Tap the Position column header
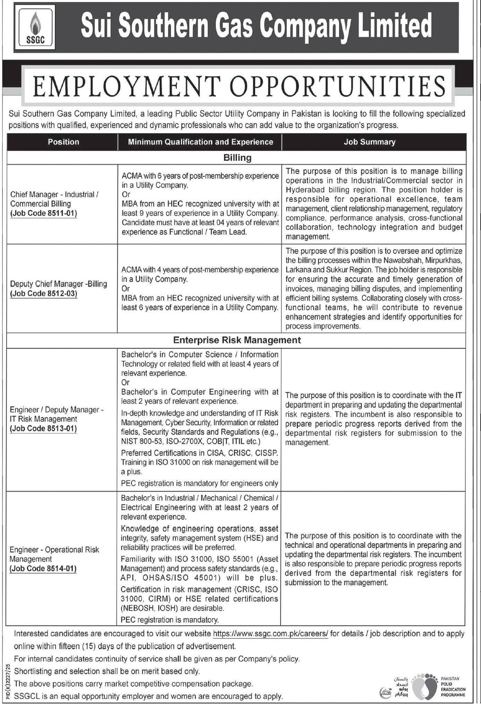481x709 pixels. pos(63,142)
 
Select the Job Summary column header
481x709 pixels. pos(369,142)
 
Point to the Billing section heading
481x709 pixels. pos(237,158)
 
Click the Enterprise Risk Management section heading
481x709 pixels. pos(237,340)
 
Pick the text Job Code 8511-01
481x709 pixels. pos(43,213)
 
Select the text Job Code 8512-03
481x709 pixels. pos(43,294)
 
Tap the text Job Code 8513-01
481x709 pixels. pos(43,428)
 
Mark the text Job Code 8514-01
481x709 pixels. pos(43,568)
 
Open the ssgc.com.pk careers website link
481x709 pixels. pos(270,634)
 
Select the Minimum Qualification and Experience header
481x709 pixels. pos(200,142)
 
